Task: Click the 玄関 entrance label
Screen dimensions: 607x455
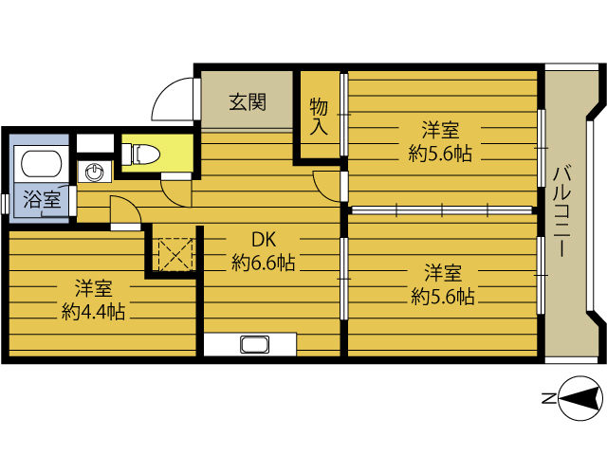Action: coord(248,102)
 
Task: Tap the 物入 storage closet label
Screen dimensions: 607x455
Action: coord(319,117)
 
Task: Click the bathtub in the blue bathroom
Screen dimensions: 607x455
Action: coord(42,164)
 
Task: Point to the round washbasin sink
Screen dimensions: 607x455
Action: coord(95,172)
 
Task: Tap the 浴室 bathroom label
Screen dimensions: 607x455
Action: coord(42,200)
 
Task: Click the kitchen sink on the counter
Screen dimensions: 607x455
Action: coord(254,344)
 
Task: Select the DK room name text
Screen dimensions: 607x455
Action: coord(264,240)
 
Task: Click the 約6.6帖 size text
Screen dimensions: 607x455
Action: coord(264,264)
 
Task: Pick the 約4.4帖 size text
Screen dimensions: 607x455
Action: coord(93,312)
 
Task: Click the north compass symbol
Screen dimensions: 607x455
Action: coord(581,398)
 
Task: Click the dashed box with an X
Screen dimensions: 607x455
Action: coord(175,255)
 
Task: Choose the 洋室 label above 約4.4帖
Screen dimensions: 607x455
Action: coord(94,288)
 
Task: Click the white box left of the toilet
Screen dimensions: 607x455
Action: coord(95,143)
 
